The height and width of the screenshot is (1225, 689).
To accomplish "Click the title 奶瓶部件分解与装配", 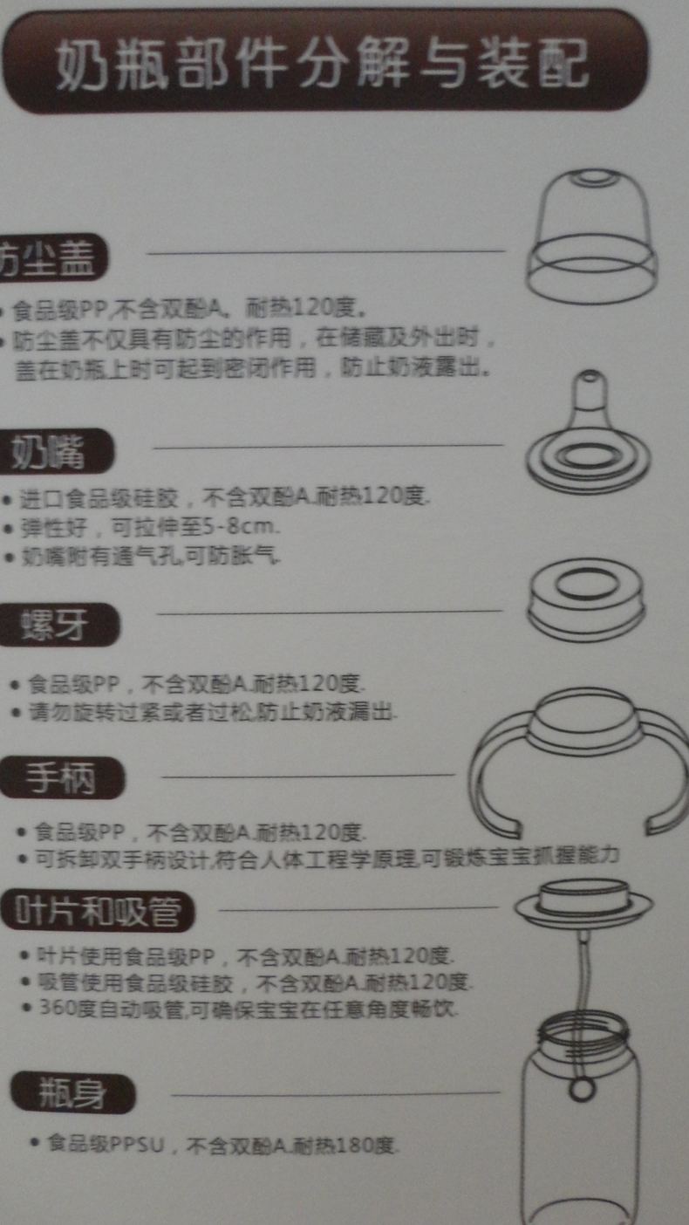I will [323, 64].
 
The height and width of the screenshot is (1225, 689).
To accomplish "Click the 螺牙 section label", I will [57, 625].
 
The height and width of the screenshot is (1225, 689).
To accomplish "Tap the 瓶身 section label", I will [73, 1094].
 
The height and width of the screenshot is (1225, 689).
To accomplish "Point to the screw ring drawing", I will [586, 600].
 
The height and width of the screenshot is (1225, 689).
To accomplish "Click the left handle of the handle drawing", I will [493, 777].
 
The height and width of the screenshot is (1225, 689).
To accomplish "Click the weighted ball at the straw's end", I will [579, 1090].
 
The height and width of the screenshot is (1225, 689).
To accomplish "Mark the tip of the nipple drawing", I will [591, 378].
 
